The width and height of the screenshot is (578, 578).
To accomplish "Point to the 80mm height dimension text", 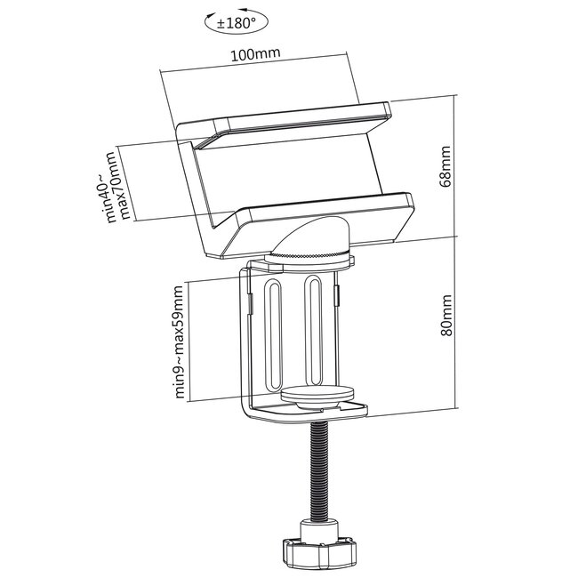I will click(x=446, y=317).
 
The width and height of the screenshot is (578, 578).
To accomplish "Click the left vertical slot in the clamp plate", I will click(x=275, y=333).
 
